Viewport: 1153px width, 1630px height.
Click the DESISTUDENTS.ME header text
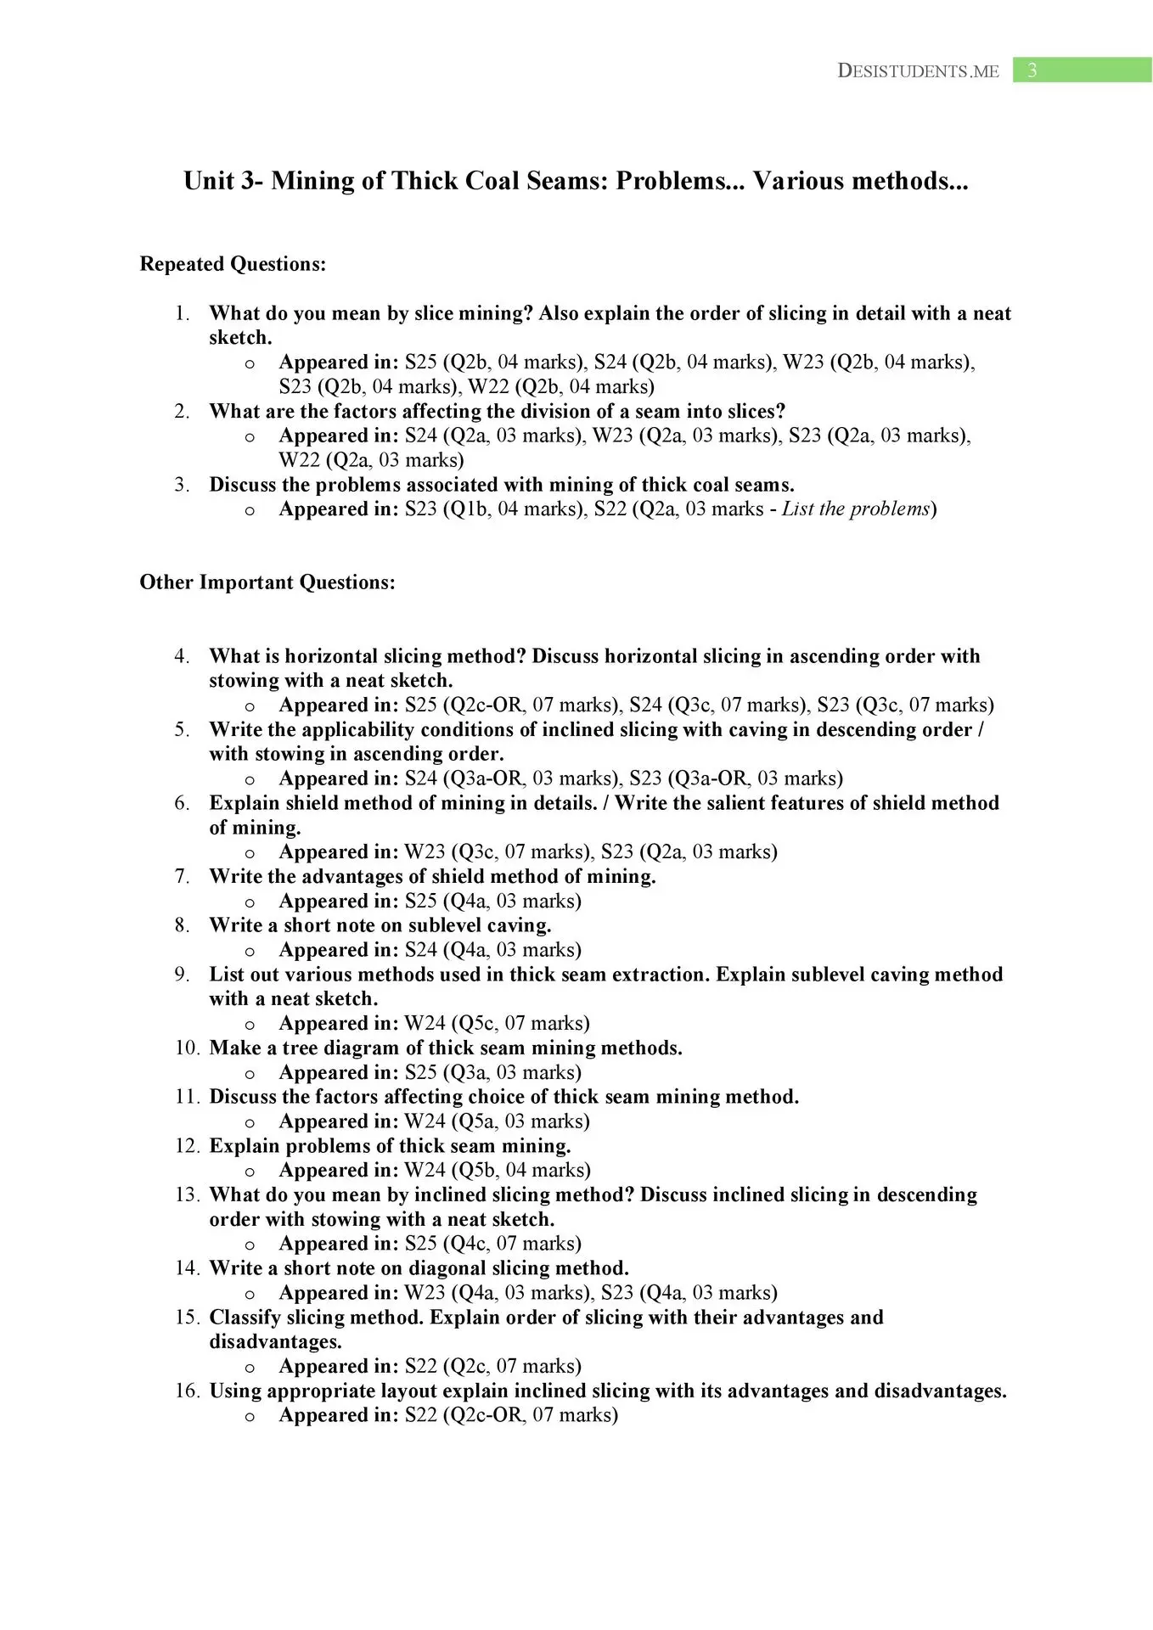(x=918, y=71)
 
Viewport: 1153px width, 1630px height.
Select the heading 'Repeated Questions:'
(x=233, y=264)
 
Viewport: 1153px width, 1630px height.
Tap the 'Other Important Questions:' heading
(x=267, y=582)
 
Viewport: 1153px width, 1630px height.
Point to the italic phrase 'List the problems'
(x=856, y=509)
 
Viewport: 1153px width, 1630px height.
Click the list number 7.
(x=183, y=876)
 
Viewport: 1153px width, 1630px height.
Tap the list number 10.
(x=187, y=1048)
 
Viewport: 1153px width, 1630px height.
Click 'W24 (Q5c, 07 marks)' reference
(x=497, y=1023)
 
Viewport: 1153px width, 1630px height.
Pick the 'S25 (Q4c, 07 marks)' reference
(x=492, y=1244)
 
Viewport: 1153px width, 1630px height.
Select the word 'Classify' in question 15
(x=245, y=1318)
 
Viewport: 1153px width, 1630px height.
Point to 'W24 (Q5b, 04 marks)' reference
(x=497, y=1170)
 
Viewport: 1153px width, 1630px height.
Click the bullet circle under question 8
(x=250, y=951)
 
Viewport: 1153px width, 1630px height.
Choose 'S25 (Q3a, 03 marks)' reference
(x=492, y=1072)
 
